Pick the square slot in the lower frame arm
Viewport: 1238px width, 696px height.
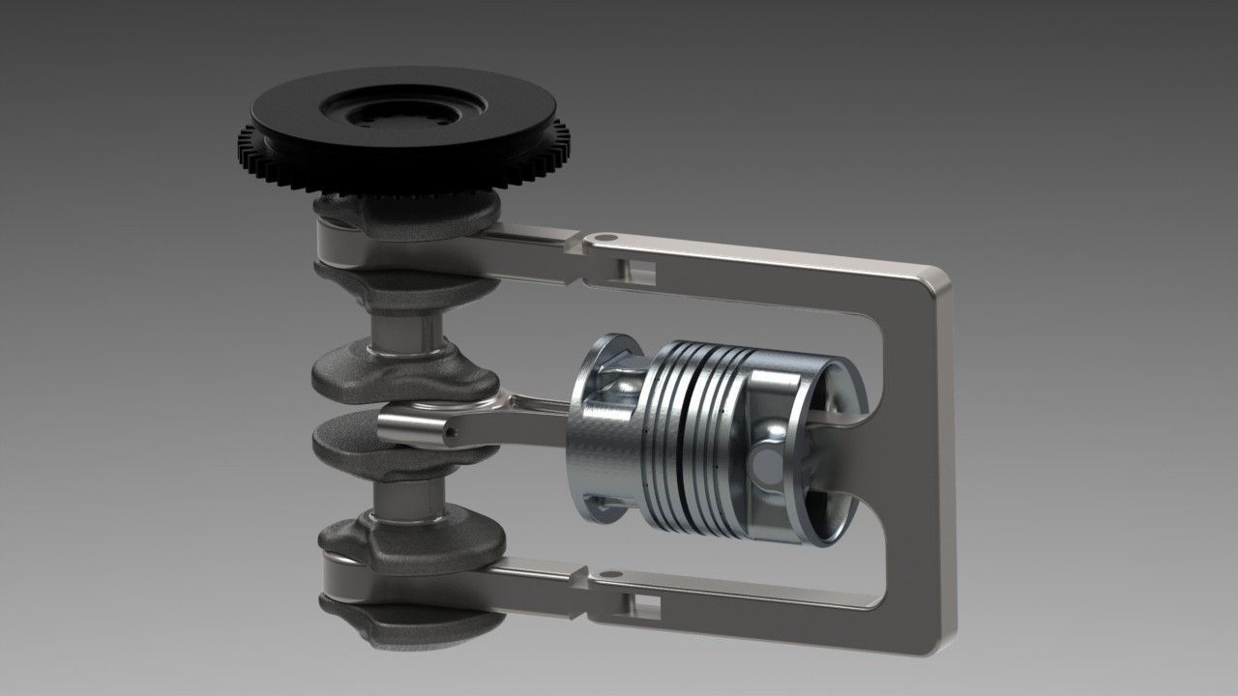(645, 606)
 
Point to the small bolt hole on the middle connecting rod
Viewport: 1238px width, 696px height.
(450, 438)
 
